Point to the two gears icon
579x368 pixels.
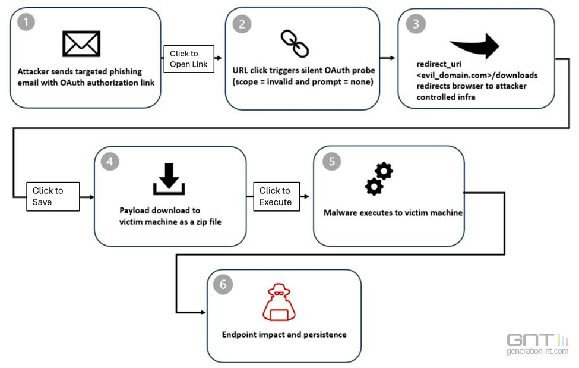tap(379, 179)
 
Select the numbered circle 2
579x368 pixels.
tap(241, 24)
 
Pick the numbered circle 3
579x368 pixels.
tap(415, 24)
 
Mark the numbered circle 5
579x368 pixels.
tap(331, 162)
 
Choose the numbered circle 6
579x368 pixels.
tap(223, 284)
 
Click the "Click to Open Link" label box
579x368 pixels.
tap(188, 59)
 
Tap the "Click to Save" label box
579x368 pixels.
tap(53, 196)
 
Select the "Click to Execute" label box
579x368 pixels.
tap(276, 196)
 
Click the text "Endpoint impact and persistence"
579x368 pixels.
tap(284, 334)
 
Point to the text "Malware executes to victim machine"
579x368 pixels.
tap(393, 212)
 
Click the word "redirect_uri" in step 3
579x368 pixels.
tap(439, 64)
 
